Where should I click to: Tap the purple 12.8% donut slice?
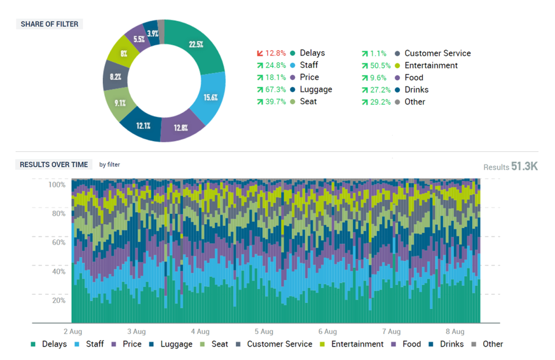point(180,128)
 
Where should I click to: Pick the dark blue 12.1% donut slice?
point(143,125)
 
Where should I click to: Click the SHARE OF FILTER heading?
point(49,24)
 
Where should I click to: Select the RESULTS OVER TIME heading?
point(54,165)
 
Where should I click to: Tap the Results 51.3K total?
point(510,166)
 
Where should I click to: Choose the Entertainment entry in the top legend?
point(431,65)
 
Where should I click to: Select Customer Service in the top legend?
point(437,53)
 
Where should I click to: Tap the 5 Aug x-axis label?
point(263,332)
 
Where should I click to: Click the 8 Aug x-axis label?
point(455,332)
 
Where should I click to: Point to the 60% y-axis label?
point(58,243)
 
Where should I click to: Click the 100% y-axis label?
point(57,185)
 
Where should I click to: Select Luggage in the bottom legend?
point(176,344)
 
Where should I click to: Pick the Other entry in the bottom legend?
point(493,344)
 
